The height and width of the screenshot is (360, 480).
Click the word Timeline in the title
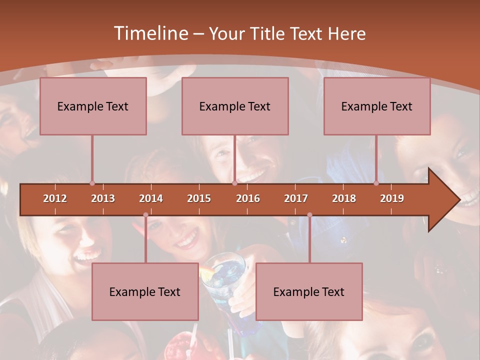pyautogui.click(x=150, y=33)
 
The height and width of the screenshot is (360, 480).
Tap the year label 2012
pyautogui.click(x=55, y=198)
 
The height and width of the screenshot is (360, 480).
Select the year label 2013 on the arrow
pyautogui.click(x=103, y=198)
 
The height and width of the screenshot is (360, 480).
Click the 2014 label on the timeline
pyautogui.click(x=151, y=198)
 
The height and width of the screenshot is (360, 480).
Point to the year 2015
pyautogui.click(x=199, y=198)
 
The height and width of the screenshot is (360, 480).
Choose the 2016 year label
pyautogui.click(x=248, y=198)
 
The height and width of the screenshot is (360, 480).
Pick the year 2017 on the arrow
pyautogui.click(x=296, y=198)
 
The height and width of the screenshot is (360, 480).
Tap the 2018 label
pyautogui.click(x=344, y=198)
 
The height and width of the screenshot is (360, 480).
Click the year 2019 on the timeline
pyautogui.click(x=392, y=198)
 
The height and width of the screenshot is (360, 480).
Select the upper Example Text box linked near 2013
pyautogui.click(x=93, y=106)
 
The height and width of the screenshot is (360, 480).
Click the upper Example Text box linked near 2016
pyautogui.click(x=235, y=106)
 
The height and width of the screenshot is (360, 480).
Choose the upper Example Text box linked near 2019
pyautogui.click(x=377, y=106)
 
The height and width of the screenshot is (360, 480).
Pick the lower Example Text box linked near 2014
pyautogui.click(x=145, y=291)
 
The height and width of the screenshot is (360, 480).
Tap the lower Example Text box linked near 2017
pyautogui.click(x=309, y=291)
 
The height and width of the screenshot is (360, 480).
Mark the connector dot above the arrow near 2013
pyautogui.click(x=92, y=183)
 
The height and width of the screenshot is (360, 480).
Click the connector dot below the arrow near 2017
pyautogui.click(x=309, y=215)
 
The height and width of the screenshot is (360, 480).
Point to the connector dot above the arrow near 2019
pyautogui.click(x=376, y=183)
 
